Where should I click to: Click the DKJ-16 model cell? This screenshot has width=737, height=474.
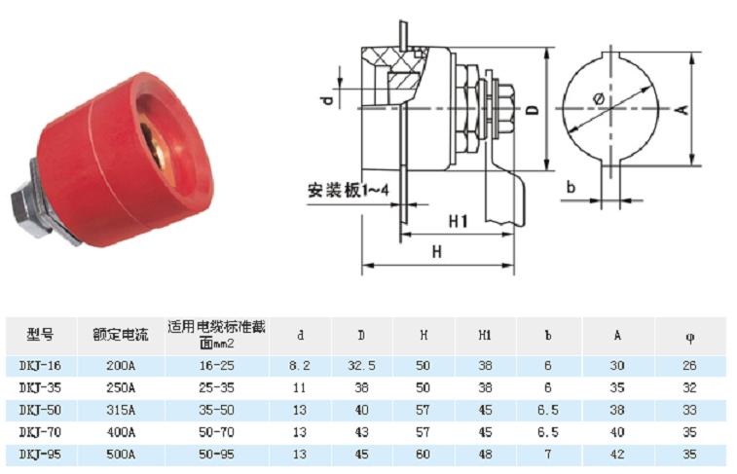pos(41,366)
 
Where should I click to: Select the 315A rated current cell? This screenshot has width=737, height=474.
pos(121,410)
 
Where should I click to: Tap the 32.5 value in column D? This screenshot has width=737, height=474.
pos(361,366)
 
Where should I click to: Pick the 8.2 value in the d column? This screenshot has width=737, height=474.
pos(300,366)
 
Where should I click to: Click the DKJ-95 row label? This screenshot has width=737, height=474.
pos(41,455)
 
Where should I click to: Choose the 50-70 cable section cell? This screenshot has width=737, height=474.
pos(216,432)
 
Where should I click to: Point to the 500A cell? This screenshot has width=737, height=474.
pos(121,455)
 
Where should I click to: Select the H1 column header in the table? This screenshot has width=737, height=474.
pos(485,335)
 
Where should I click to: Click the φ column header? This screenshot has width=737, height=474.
pos(690,338)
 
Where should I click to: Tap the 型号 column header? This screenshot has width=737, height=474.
pos(41,335)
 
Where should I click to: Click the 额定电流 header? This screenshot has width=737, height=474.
pos(121,335)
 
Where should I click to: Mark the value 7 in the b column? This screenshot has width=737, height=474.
pos(548,455)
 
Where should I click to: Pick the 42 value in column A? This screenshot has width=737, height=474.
pos(617,455)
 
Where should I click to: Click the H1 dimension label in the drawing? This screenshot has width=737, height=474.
pos(459,221)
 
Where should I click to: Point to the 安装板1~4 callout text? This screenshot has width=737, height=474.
pos(349,190)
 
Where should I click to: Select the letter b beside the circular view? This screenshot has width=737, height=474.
pos(571,187)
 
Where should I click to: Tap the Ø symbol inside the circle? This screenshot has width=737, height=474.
pos(599,99)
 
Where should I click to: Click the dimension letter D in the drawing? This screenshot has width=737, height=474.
pos(533,109)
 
